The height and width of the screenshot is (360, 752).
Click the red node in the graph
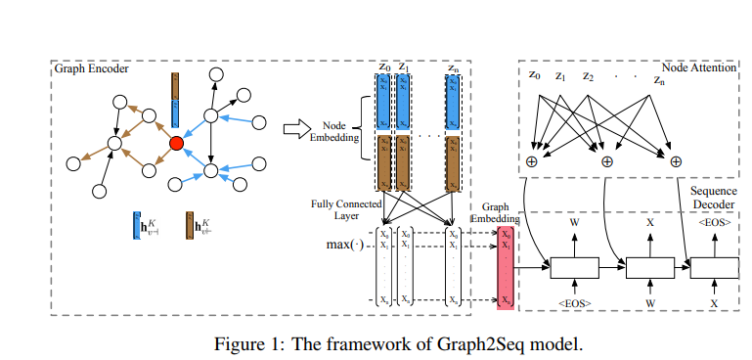coord(176,144)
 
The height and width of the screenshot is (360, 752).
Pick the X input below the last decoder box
coord(715,304)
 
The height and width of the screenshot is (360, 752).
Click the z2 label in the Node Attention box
coord(588,75)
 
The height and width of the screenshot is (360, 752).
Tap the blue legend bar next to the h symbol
coord(136,228)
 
